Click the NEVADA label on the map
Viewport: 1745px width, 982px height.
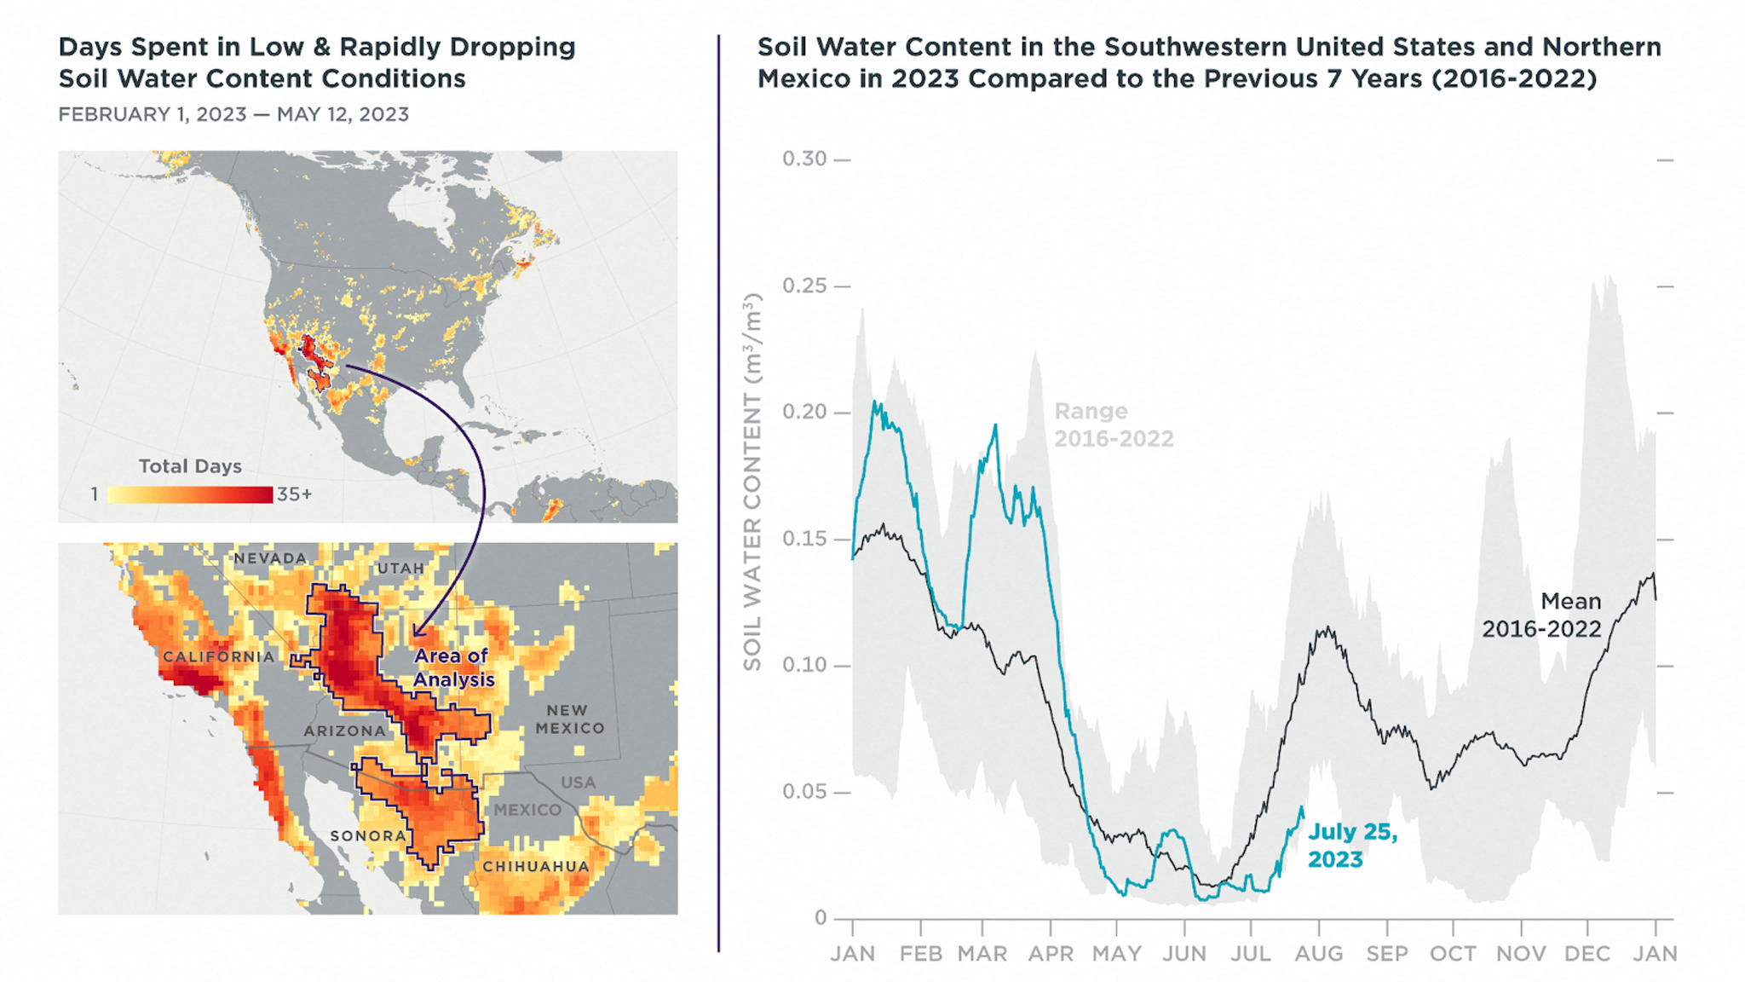click(x=270, y=558)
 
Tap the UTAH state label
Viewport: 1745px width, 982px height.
click(x=400, y=568)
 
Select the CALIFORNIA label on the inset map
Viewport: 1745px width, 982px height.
click(x=219, y=656)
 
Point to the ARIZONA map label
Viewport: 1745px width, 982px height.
click(x=345, y=731)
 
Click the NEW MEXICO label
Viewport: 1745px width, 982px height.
click(x=569, y=719)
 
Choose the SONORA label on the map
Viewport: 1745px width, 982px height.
click(x=368, y=835)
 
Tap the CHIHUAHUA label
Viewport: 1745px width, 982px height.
click(x=536, y=866)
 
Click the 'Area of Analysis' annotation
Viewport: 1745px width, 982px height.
click(x=452, y=667)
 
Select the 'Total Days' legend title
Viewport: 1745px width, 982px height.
click(x=190, y=466)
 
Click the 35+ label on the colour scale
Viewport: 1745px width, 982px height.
click(x=295, y=494)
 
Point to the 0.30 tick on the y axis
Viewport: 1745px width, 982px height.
click(x=804, y=159)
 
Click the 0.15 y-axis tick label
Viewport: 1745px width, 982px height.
click(x=804, y=539)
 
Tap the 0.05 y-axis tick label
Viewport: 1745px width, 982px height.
click(x=804, y=792)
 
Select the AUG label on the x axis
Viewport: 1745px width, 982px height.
click(x=1319, y=953)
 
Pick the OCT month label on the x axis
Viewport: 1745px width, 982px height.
click(x=1454, y=953)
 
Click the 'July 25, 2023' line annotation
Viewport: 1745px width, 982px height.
click(x=1352, y=845)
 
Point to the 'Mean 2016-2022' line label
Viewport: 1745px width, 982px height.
click(x=1541, y=615)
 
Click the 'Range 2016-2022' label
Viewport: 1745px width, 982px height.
click(x=1114, y=425)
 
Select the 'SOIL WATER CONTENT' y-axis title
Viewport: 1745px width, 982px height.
click(x=752, y=482)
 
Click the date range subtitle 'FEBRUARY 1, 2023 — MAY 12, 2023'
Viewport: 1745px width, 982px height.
click(x=233, y=114)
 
